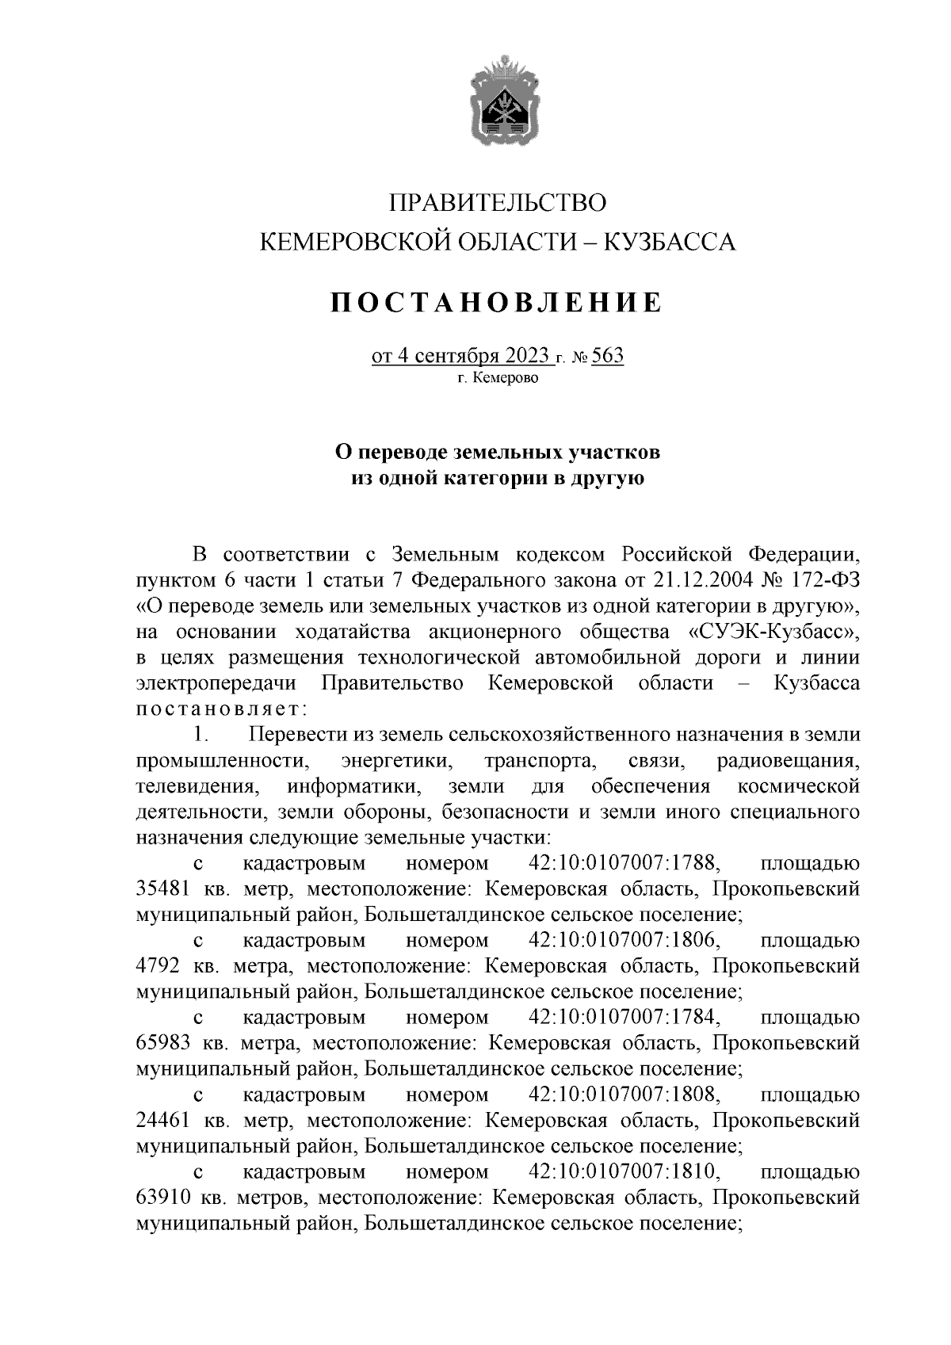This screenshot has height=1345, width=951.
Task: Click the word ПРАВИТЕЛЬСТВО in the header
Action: [498, 203]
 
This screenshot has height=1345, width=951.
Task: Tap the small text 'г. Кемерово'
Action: [498, 379]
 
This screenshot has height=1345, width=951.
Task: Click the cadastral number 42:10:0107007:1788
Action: [623, 863]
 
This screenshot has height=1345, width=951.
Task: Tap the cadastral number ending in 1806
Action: [623, 941]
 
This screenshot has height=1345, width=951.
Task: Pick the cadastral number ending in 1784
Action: [623, 1018]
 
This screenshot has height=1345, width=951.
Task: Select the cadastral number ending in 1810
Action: [623, 1172]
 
